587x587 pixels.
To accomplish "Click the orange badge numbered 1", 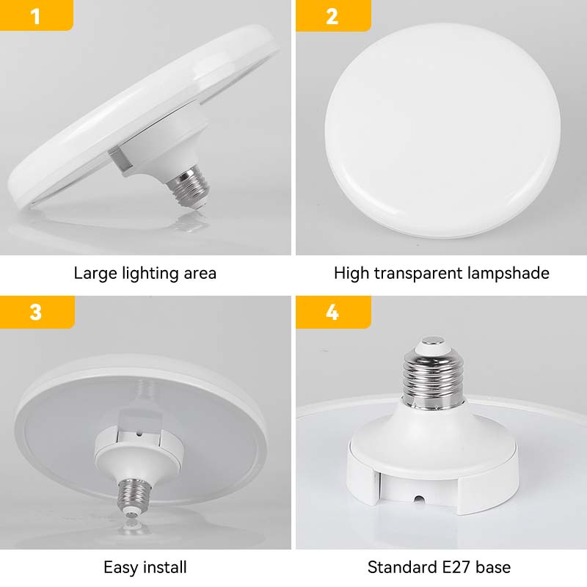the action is pos(36,15).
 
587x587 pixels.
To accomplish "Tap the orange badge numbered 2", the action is pos(333,15).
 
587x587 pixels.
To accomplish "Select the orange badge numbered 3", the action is pos(37,312).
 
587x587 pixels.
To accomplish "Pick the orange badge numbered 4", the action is pos(333,312).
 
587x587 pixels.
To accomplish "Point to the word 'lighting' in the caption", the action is pos(150,274).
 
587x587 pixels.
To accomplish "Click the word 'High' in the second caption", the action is pos(351,274).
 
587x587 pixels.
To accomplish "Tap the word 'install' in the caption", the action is pos(164,567).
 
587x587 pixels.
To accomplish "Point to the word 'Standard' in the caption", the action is pos(400,567).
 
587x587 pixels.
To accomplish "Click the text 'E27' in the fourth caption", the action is pos(454,567).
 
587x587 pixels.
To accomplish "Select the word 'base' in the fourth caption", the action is pos(493,567).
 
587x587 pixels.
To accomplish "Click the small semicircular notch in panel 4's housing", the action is pos(419,500).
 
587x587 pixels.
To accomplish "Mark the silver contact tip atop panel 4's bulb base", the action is pos(432,340).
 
